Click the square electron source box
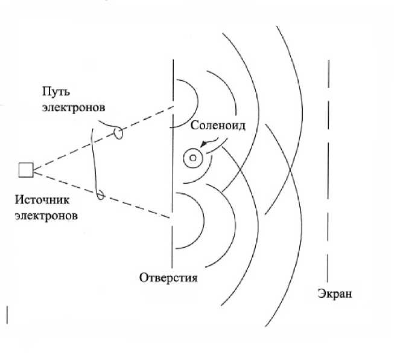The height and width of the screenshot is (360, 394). tap(25, 170)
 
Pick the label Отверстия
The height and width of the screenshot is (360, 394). tap(168, 278)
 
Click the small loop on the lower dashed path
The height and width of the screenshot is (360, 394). tap(101, 196)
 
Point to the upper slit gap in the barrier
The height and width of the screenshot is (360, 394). tap(173, 103)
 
